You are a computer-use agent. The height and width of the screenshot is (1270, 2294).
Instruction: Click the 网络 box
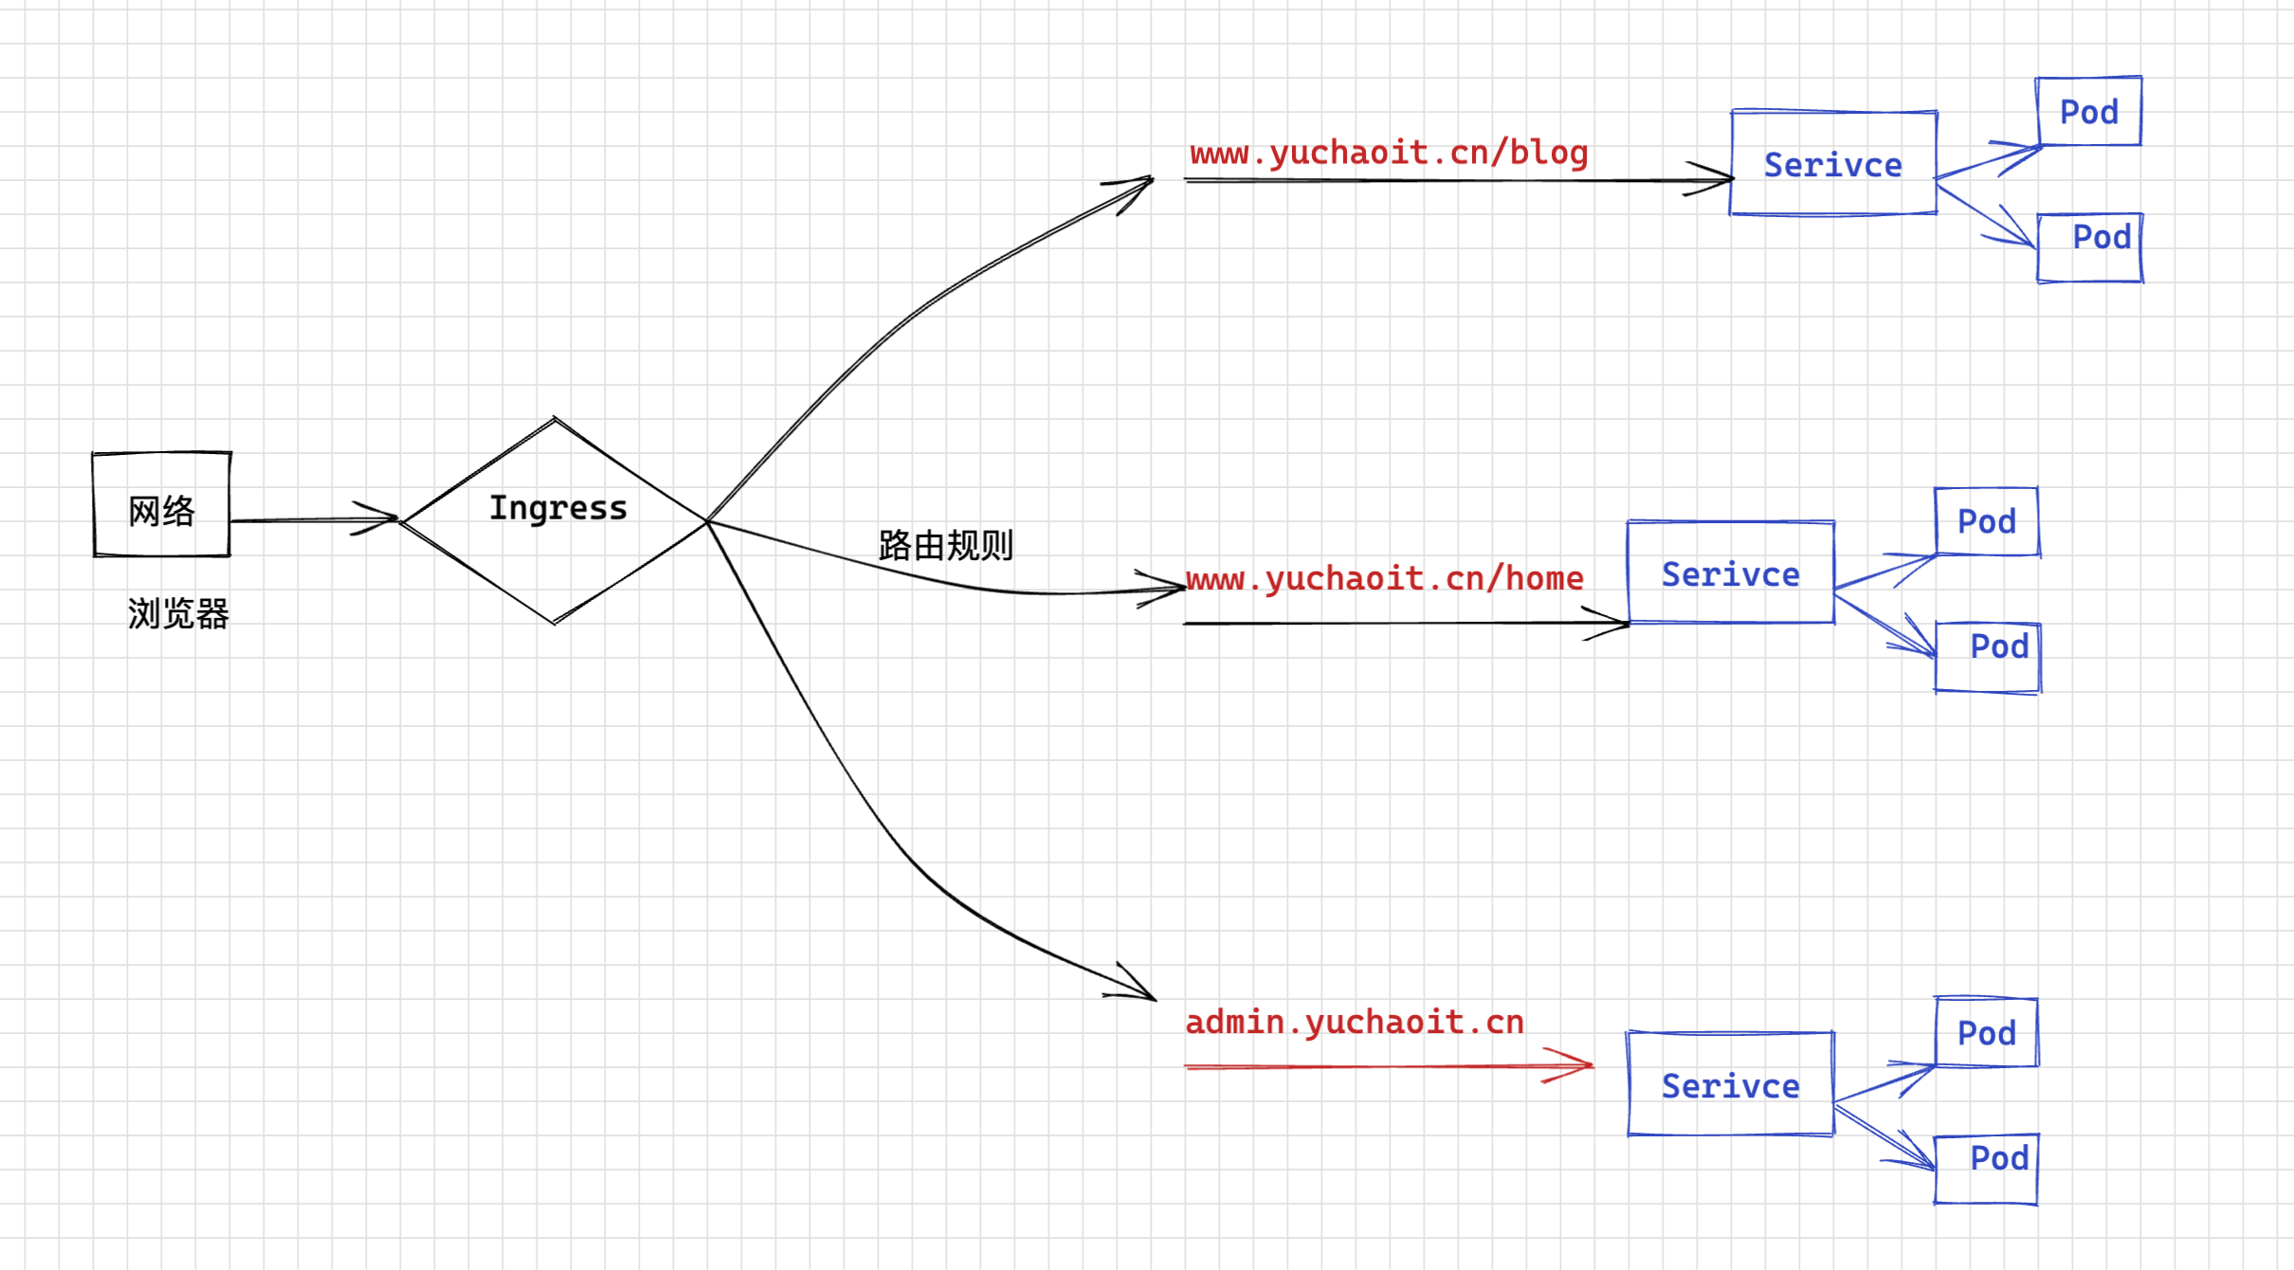point(161,505)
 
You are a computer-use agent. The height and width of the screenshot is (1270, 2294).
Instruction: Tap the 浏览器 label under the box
point(178,614)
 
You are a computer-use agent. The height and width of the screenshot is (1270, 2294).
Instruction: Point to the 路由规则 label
point(945,545)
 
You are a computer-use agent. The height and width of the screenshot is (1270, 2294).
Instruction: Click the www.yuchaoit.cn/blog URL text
point(1389,153)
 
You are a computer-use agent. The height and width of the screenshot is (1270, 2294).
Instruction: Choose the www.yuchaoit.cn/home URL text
point(1384,578)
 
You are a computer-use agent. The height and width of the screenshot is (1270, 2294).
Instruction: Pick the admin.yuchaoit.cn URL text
point(1355,1022)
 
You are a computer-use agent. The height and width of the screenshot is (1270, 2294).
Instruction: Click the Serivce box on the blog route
point(1833,164)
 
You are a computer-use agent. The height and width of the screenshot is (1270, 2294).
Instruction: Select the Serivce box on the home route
point(1731,573)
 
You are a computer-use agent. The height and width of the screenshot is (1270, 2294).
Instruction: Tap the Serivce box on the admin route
point(1731,1084)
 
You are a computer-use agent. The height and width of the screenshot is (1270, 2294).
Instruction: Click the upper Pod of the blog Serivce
point(2089,112)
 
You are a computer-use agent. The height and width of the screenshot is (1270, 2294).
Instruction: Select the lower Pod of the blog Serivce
point(2091,247)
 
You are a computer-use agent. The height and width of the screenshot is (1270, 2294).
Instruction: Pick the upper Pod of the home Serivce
point(1987,521)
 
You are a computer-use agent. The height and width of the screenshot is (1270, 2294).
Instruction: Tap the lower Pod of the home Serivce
point(1988,658)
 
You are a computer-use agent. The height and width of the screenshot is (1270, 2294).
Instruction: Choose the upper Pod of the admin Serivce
point(1987,1032)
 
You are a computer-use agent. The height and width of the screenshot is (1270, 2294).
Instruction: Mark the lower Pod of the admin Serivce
point(1987,1169)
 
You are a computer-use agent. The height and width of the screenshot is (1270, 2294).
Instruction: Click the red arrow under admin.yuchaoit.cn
point(1389,1066)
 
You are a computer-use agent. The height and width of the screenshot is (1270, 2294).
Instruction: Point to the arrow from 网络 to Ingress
point(313,519)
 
